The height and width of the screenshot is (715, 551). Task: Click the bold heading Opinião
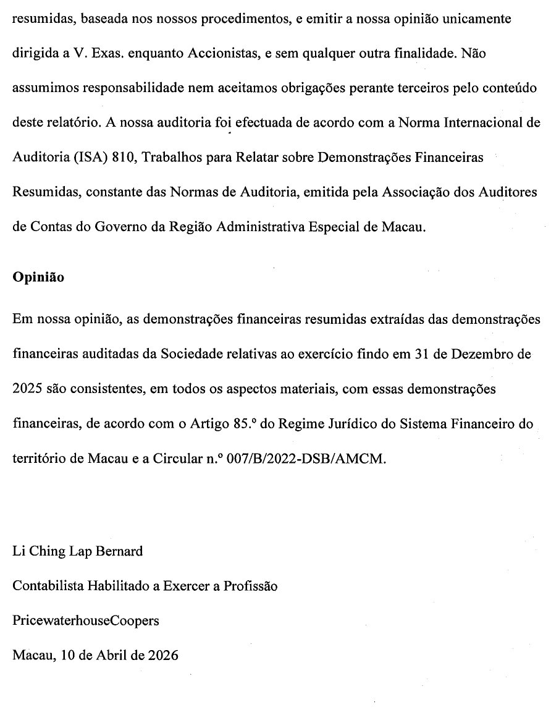coord(38,277)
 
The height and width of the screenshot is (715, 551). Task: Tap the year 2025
coord(27,390)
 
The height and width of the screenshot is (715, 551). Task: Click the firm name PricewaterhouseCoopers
coord(85,620)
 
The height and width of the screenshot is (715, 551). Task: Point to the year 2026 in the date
coord(163,655)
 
